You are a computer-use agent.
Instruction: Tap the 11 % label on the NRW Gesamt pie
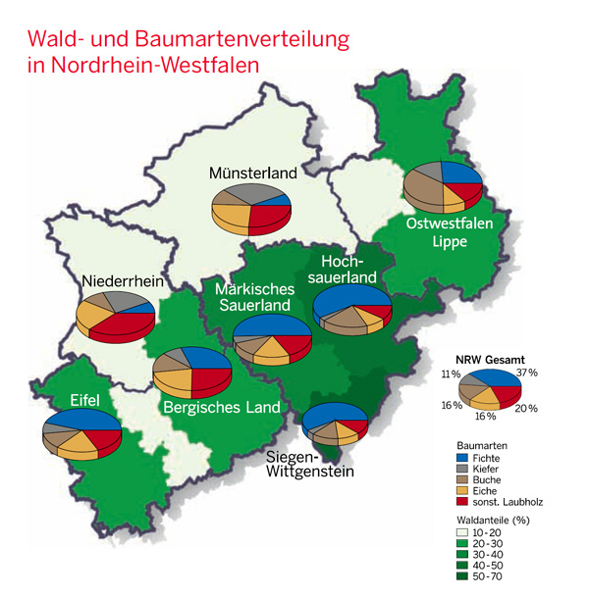tap(451, 374)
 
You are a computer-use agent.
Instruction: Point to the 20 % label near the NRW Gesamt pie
tap(525, 407)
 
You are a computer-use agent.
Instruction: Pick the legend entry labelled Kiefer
tap(489, 468)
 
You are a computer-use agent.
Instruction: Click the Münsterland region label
tap(252, 174)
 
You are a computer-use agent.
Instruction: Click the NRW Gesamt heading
tap(491, 359)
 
